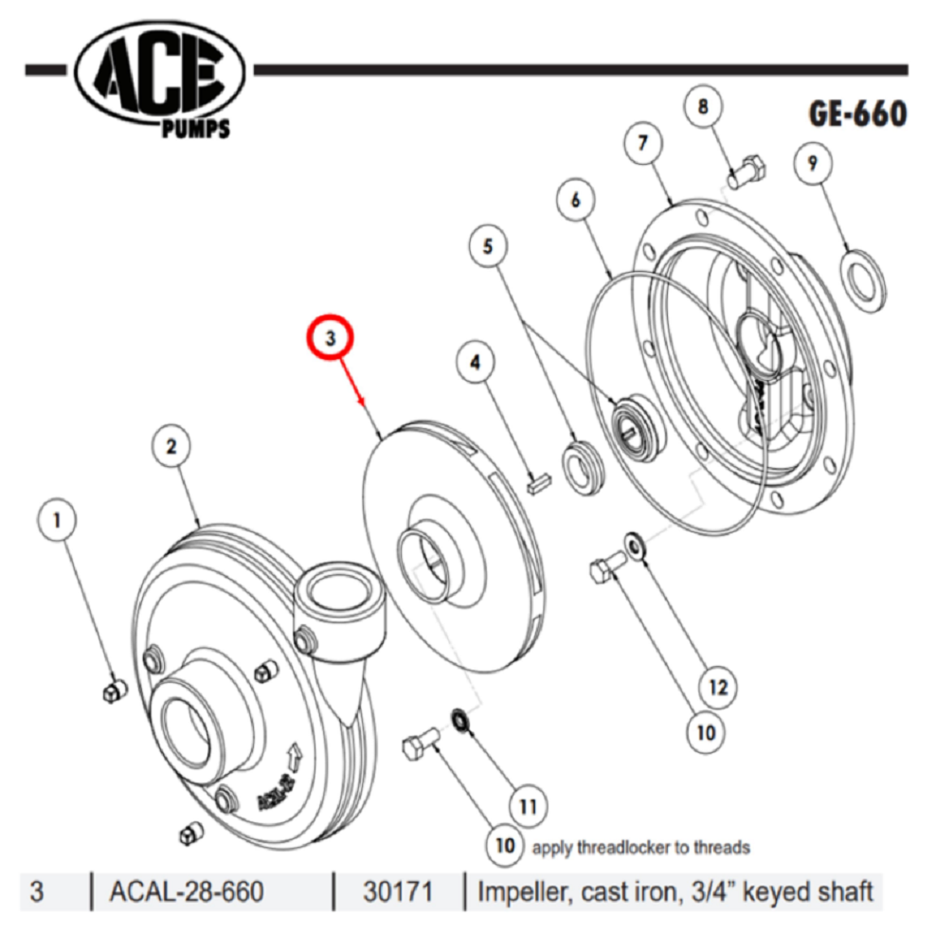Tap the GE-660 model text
pyautogui.click(x=856, y=115)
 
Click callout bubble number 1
pyautogui.click(x=58, y=520)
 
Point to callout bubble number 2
pyautogui.click(x=171, y=445)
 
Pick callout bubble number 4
pyautogui.click(x=477, y=361)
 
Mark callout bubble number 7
pyautogui.click(x=643, y=144)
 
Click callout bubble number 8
pyautogui.click(x=703, y=107)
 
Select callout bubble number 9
pyautogui.click(x=812, y=163)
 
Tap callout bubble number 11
pyautogui.click(x=528, y=805)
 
